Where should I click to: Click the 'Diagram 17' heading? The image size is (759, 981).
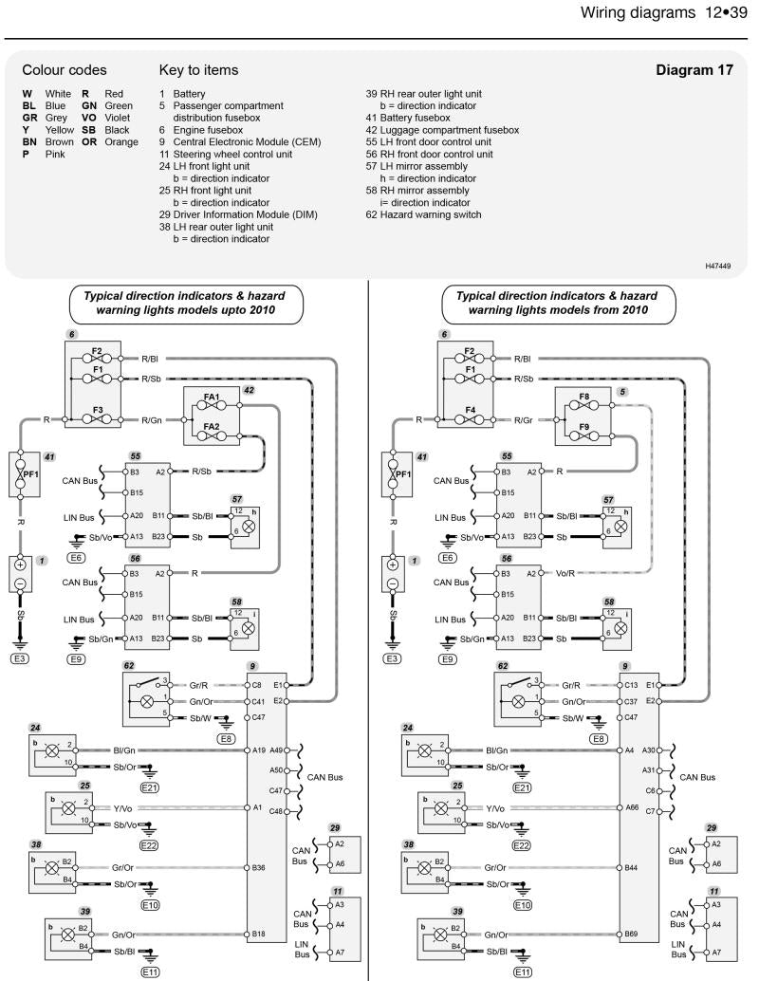pos(694,70)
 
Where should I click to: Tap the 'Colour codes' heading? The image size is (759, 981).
pos(65,70)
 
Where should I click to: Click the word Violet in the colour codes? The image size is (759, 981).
pos(119,118)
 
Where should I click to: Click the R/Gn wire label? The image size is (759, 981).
pos(153,419)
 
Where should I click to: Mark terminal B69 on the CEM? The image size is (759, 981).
pos(630,934)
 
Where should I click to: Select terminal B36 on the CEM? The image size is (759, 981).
pos(258,867)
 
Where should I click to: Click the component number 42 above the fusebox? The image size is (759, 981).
pos(249,389)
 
